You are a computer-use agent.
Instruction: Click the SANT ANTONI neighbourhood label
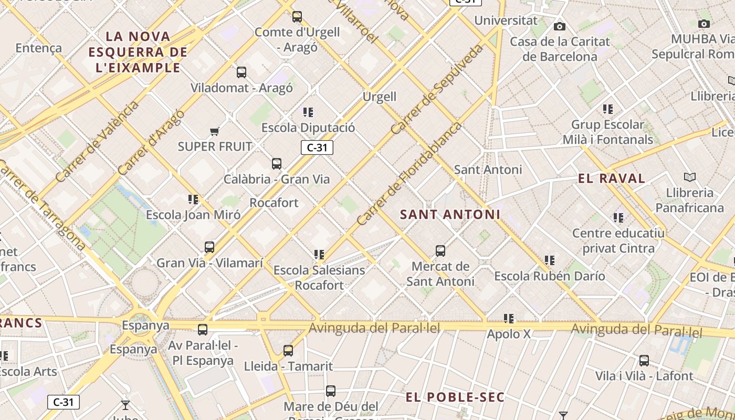tap(450, 215)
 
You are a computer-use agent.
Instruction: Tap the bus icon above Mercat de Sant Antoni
tap(440, 251)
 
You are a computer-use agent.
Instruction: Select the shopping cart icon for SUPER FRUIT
tap(214, 131)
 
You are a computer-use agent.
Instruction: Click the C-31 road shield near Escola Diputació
tap(317, 148)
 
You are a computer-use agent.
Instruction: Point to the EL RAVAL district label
tap(612, 178)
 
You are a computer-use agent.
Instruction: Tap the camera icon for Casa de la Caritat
tap(560, 26)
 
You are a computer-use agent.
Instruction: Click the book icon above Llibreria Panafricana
tap(689, 177)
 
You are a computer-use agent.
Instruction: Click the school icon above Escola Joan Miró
tap(193, 199)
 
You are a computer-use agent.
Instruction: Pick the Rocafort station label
tap(274, 203)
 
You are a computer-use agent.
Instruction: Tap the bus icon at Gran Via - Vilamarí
tap(209, 247)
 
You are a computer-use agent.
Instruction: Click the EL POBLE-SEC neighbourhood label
tap(455, 397)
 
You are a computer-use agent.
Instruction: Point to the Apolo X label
tap(509, 334)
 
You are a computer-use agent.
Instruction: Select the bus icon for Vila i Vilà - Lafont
tap(644, 361)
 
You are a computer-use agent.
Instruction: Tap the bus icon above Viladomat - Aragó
tap(241, 72)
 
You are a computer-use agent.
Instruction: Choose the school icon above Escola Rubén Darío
tap(550, 260)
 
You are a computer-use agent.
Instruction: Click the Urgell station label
tap(380, 97)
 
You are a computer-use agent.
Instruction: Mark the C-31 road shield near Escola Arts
tap(64, 402)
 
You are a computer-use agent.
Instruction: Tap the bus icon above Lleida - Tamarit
tap(288, 351)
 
